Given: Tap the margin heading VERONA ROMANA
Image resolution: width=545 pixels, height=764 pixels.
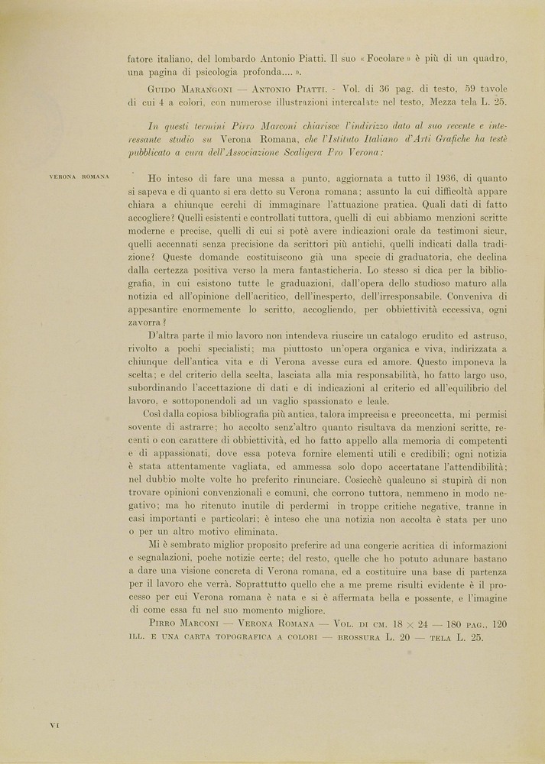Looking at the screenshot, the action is click(79, 176).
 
